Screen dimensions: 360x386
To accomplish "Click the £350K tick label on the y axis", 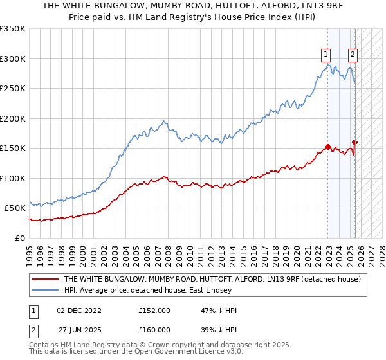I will (13, 29).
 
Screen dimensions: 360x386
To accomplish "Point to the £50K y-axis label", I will (15, 208).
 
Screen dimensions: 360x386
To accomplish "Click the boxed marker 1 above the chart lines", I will (327, 55).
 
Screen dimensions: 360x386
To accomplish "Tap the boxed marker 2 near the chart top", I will (353, 55).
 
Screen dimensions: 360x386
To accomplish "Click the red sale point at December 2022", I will (328, 147).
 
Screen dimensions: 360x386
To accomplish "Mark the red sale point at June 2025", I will (355, 142).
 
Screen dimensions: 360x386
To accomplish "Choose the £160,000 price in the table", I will (154, 329).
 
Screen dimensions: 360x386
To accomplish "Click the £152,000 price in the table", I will (154, 310).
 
